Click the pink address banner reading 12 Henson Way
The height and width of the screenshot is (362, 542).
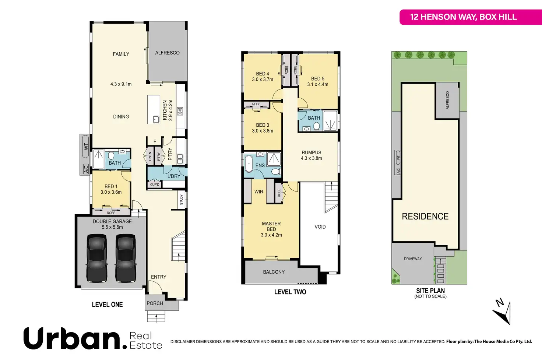pos(463,17)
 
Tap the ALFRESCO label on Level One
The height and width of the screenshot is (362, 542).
pos(167,53)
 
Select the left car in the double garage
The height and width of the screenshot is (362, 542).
pos(96,258)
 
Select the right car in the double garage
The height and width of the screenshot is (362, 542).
pos(126,258)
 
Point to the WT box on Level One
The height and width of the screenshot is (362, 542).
pos(85,147)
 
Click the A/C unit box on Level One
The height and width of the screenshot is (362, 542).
pos(85,169)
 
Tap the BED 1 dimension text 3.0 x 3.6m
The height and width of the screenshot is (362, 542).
pos(111,192)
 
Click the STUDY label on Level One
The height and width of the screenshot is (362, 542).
pos(181,200)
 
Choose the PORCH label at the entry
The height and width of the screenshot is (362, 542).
pos(155,303)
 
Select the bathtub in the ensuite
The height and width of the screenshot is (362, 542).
pos(249,164)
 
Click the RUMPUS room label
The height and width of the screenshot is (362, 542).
pos(311,152)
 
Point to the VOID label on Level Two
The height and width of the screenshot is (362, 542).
pos(320,227)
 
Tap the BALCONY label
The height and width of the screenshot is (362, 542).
pos(274,272)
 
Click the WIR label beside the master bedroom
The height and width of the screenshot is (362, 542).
pos(258,192)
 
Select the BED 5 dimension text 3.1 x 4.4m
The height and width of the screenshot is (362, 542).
pos(318,85)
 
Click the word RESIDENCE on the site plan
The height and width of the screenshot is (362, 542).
pos(425,217)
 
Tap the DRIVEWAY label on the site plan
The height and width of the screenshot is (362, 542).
pos(412,259)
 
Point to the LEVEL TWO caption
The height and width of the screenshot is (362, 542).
pos(290,292)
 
